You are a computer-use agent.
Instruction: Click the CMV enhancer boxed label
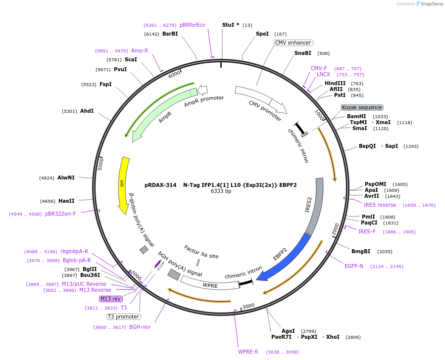click(293, 43)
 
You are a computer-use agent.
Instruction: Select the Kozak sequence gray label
click(361, 107)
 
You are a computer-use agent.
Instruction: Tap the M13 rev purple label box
click(110, 299)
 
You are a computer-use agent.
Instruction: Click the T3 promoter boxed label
click(123, 316)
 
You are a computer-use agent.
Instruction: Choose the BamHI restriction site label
click(356, 117)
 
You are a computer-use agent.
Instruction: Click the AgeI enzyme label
click(288, 331)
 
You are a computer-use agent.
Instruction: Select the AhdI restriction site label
click(87, 111)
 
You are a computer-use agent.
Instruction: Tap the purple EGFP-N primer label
click(354, 266)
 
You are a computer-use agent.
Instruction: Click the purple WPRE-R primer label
click(248, 352)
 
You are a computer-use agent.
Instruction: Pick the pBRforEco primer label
click(192, 25)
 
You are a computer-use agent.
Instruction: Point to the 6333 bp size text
click(221, 191)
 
